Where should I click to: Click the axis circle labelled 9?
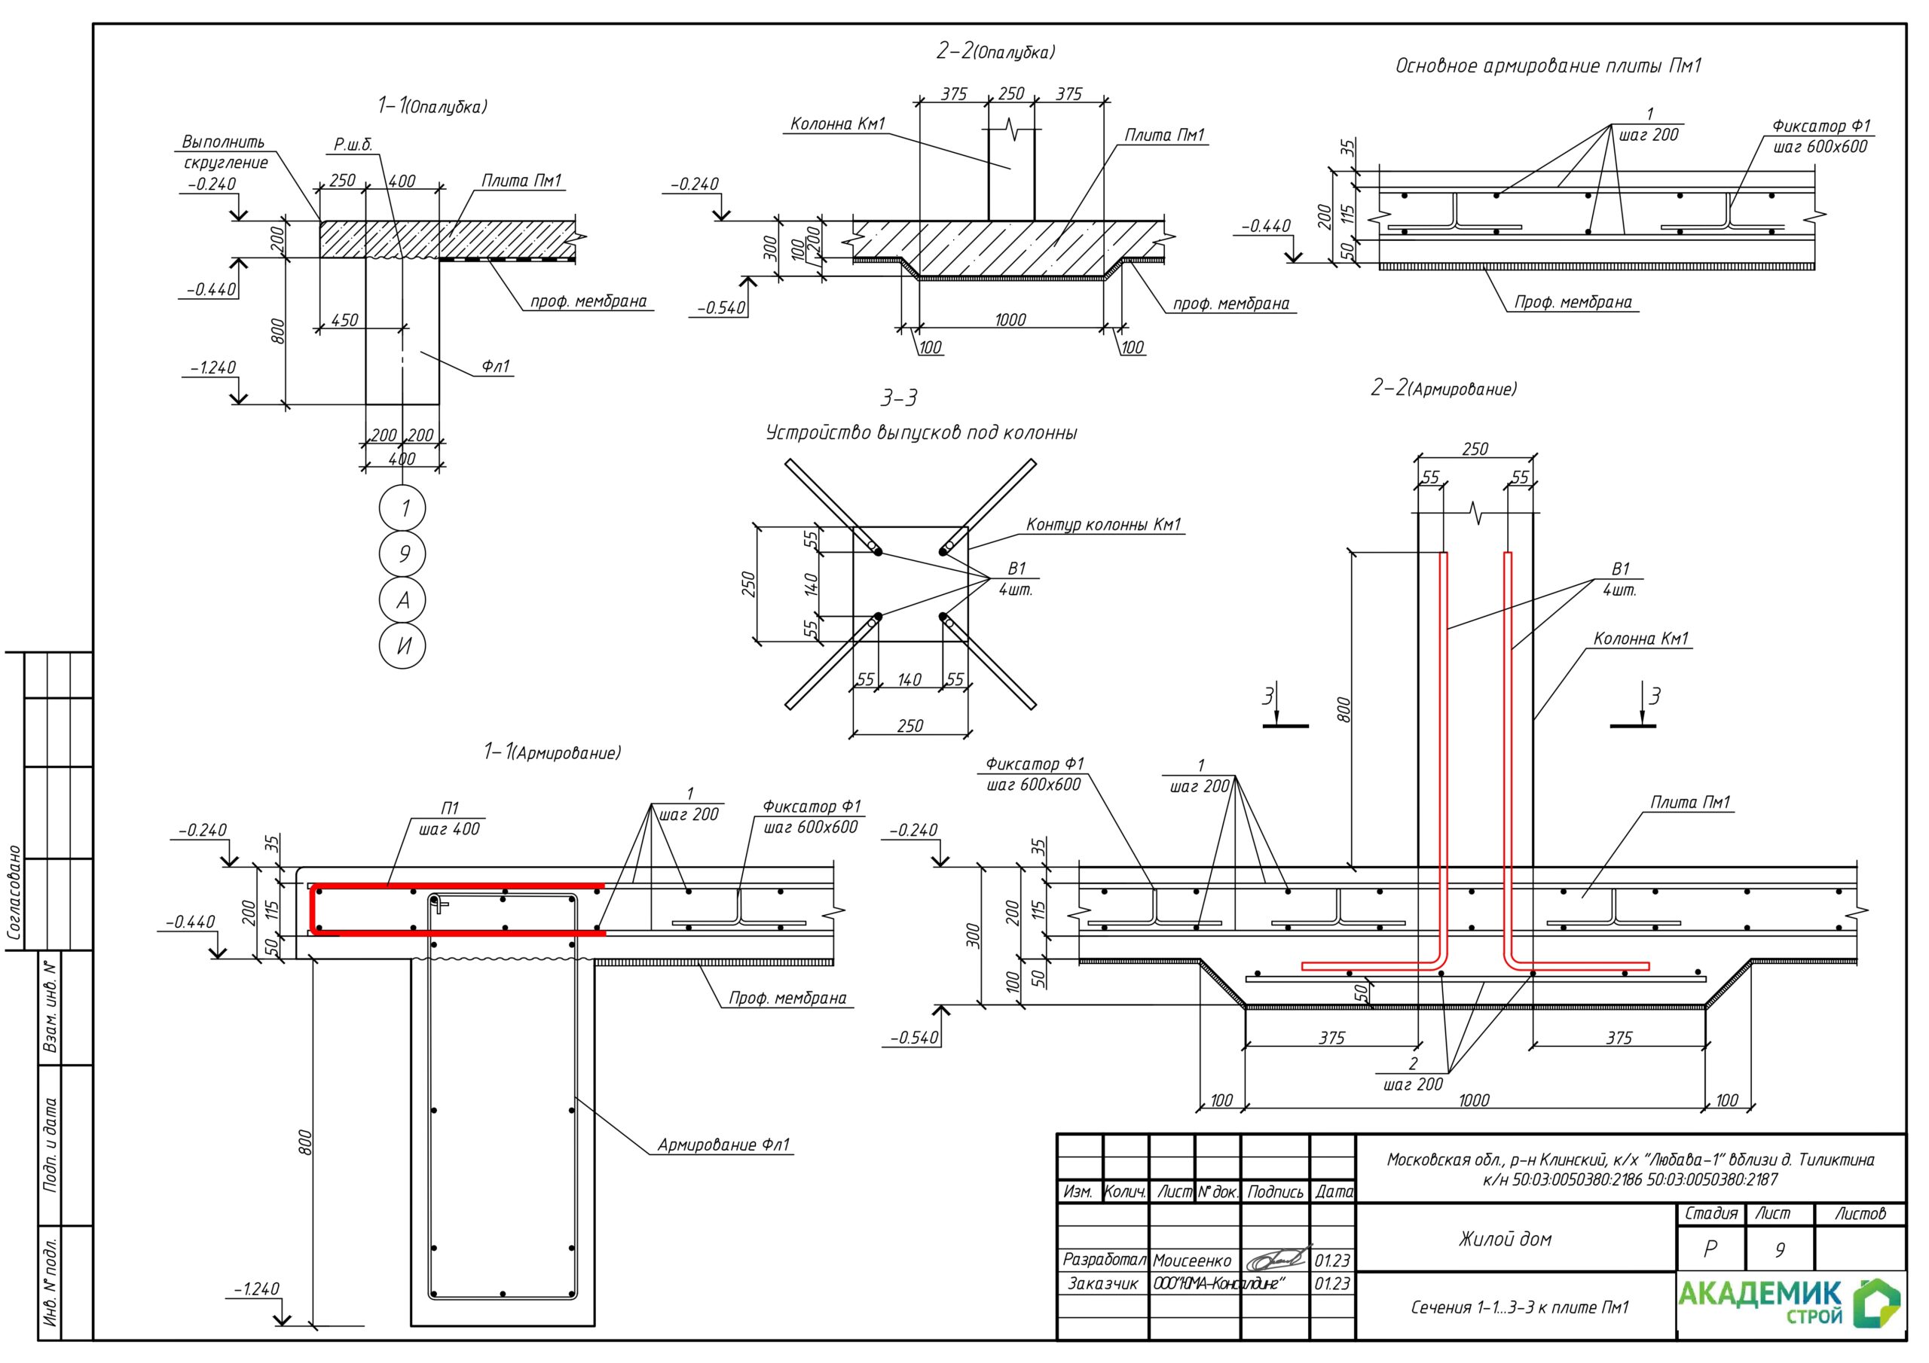click(x=402, y=554)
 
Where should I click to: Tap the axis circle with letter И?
click(x=402, y=646)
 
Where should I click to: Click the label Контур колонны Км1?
click(x=1103, y=525)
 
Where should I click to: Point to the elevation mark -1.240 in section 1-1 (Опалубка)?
click(x=212, y=367)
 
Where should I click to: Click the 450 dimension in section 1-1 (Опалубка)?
click(x=344, y=320)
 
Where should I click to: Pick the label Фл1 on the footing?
click(x=496, y=366)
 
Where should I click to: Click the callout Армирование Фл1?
click(x=723, y=1145)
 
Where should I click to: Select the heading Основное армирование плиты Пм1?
click(x=1548, y=66)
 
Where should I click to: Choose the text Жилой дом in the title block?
click(x=1505, y=1239)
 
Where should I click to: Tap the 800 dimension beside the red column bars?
click(x=1344, y=709)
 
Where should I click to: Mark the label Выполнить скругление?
click(x=225, y=152)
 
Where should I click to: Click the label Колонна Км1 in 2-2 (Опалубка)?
click(x=838, y=124)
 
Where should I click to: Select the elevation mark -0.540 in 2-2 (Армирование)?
click(x=914, y=1038)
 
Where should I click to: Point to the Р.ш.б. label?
click(x=353, y=145)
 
